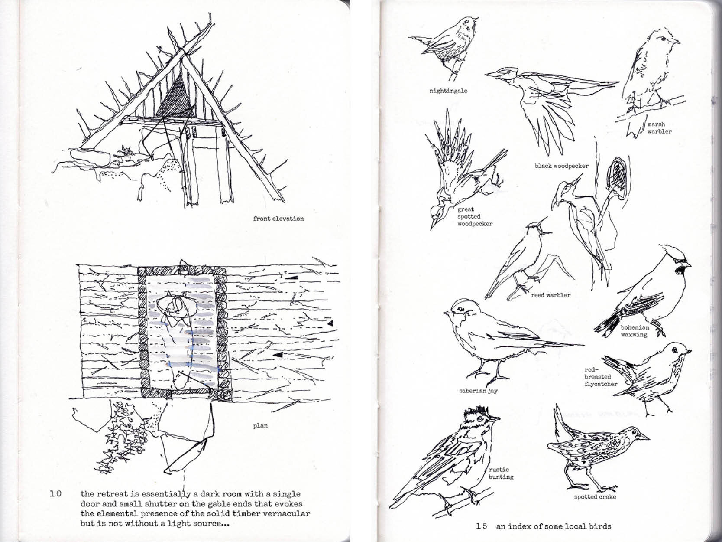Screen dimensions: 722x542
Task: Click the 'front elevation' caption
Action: (278, 219)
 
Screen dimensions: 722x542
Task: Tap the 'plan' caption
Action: (260, 426)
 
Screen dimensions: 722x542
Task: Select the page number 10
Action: (55, 494)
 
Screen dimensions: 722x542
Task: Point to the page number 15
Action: (482, 526)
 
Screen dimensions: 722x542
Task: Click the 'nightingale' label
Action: (448, 91)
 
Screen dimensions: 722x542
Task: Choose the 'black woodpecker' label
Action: (561, 166)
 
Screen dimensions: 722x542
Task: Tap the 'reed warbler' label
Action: (550, 295)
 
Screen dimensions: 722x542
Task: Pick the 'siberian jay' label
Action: (478, 391)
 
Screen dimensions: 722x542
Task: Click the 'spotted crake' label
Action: (595, 497)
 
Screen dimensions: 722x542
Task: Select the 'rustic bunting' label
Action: (501, 473)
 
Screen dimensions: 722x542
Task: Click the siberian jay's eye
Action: (460, 309)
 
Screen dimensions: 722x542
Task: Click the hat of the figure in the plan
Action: (175, 307)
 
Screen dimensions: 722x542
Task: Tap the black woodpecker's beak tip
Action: (486, 75)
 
